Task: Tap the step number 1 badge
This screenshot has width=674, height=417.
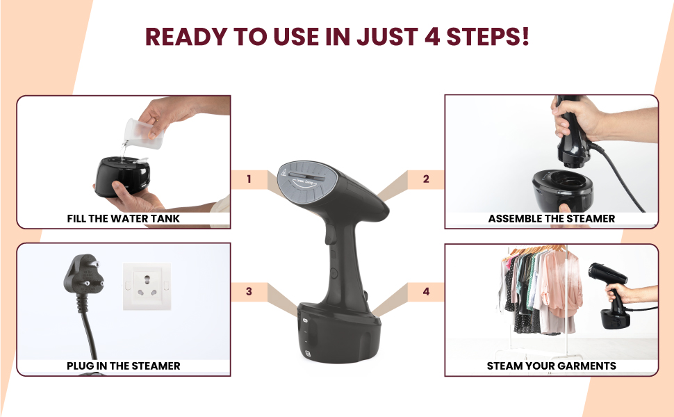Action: [249, 179]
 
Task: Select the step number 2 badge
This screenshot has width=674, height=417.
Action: [426, 179]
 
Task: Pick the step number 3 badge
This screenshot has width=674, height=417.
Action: [249, 291]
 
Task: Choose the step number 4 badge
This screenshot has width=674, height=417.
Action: [426, 291]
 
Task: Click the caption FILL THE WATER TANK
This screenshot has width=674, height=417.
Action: [123, 218]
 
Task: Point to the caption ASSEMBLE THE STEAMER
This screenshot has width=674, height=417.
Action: [551, 218]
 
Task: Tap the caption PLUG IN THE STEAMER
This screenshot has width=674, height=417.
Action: [123, 366]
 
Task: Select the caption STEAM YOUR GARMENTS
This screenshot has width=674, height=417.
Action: [551, 366]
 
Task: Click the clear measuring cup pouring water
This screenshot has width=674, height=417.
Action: [142, 135]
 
